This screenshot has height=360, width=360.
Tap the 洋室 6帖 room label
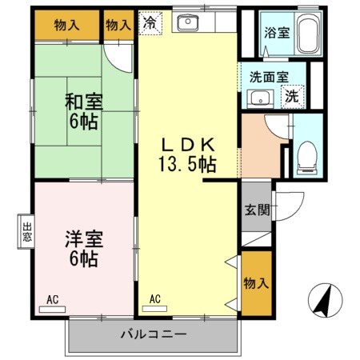[x=82, y=247]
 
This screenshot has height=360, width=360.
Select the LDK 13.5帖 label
[x=189, y=154]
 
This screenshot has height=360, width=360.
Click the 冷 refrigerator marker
[x=150, y=24]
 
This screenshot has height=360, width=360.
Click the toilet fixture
[x=306, y=156]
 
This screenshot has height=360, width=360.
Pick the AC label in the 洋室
[x=53, y=300]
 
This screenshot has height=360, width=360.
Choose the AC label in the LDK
[x=155, y=300]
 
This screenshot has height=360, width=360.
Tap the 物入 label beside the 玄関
[x=256, y=284]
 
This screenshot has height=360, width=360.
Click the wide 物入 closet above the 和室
[x=67, y=25]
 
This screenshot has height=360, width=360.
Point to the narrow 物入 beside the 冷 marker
[x=118, y=25]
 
